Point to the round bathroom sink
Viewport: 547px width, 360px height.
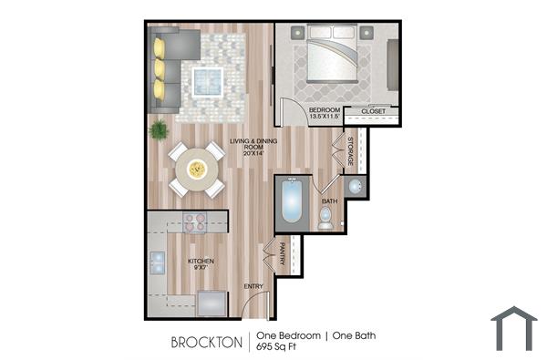coord(356,186)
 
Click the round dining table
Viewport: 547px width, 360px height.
coord(197,169)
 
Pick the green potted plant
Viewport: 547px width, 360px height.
coord(159,129)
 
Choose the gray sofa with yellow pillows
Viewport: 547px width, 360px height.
coord(169,67)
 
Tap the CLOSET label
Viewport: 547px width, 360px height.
coord(373,112)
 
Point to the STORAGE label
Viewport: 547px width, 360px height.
coord(350,151)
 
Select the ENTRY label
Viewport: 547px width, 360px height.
coord(253,287)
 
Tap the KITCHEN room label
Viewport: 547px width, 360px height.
coord(201,262)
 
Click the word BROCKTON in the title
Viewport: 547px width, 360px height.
coord(207,343)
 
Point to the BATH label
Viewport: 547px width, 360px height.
coord(329,201)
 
